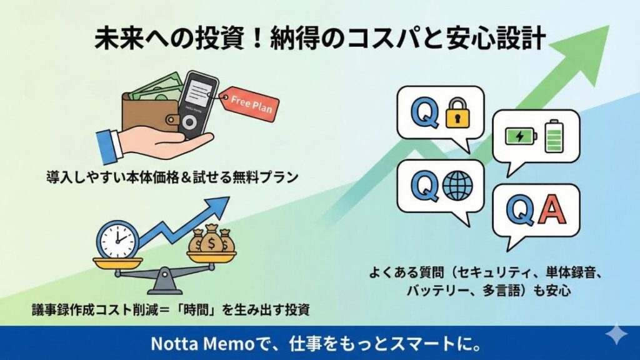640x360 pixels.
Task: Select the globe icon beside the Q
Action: [457, 186]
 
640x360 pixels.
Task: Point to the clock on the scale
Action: [118, 238]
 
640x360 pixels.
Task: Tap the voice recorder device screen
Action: [200, 91]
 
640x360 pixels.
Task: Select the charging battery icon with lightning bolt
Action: [521, 134]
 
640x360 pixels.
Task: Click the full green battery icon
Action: [554, 136]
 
